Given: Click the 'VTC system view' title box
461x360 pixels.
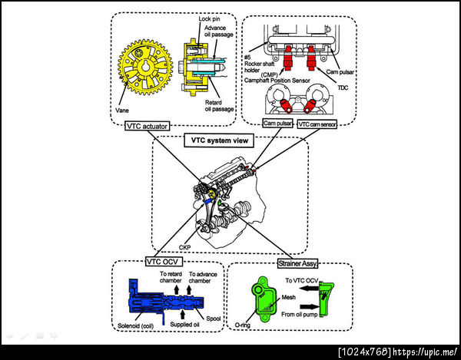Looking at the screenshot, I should [x=229, y=142].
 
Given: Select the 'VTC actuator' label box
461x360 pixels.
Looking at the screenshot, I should [x=144, y=126].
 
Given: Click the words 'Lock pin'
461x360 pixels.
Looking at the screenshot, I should [x=211, y=18].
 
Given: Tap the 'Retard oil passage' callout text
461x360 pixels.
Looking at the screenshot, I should [x=220, y=105].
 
